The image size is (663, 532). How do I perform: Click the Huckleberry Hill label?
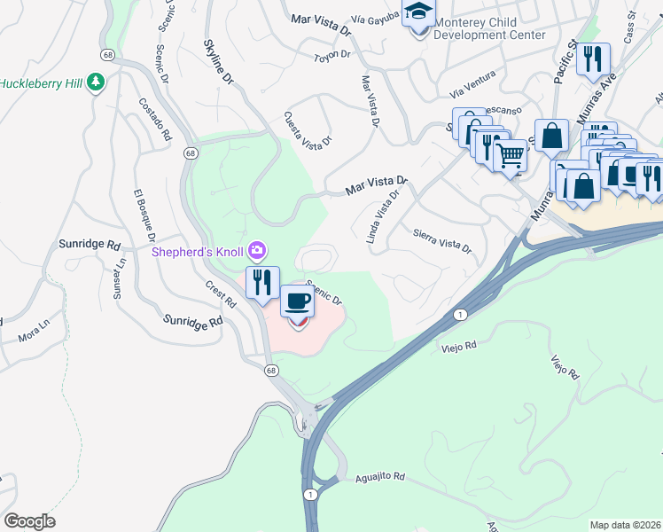click(41, 83)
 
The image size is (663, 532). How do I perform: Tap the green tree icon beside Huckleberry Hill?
click(96, 83)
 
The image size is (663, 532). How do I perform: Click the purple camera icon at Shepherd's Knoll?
click(257, 251)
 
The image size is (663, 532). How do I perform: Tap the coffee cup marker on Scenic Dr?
click(297, 303)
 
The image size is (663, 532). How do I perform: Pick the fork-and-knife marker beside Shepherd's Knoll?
click(262, 282)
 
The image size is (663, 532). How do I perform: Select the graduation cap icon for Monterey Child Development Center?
click(417, 12)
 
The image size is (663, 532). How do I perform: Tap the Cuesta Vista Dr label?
click(308, 129)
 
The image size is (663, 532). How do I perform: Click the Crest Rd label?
click(221, 295)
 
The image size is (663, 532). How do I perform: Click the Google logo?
click(29, 520)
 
